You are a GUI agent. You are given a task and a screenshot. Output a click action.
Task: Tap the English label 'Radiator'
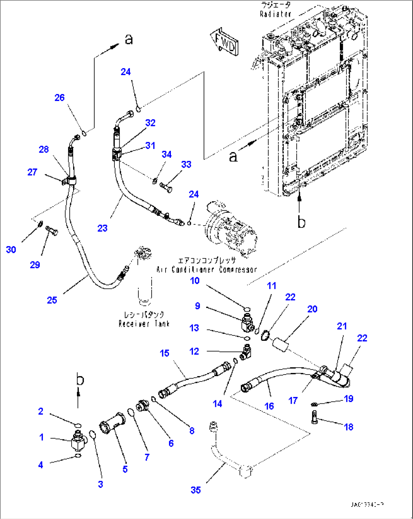275,14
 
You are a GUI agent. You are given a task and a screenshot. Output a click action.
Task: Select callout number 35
196,490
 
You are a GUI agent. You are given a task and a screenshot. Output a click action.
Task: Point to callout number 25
52,300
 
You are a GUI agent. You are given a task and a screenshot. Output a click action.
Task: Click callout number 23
102,228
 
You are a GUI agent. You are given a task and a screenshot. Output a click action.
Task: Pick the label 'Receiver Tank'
144,324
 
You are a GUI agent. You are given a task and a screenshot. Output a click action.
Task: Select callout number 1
42,437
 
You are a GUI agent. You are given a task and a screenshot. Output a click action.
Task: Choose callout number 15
164,353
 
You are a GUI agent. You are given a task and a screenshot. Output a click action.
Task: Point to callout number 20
312,309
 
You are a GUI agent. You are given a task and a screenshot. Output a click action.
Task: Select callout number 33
186,165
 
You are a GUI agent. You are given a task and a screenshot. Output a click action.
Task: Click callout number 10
195,281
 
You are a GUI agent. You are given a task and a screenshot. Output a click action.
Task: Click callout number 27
32,172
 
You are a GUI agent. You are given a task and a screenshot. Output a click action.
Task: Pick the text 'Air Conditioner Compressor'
206,270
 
